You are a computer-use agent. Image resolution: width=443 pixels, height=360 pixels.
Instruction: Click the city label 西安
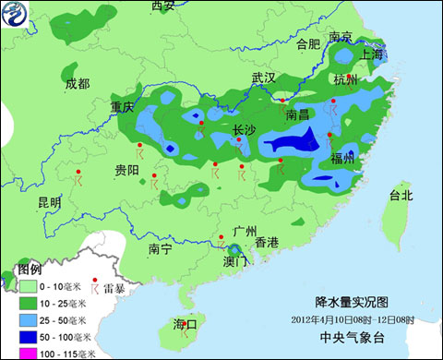pos(162,6)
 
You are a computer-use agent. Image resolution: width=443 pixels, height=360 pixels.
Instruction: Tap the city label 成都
pos(78,84)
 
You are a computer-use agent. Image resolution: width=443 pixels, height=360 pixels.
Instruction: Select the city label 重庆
pos(123,107)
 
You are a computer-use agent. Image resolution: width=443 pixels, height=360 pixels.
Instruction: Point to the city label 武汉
pos(264,78)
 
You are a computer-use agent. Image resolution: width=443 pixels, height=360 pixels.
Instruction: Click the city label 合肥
pos(308,43)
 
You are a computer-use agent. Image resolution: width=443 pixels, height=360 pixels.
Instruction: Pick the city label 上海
pos(370,54)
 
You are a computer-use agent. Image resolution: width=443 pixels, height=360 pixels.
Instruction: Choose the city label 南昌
pos(298,115)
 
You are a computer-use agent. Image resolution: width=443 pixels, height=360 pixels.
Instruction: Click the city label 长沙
pos(244,131)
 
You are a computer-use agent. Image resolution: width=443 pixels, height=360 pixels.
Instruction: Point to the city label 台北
pos(401,196)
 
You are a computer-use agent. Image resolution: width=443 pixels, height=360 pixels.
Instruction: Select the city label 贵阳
pos(126,171)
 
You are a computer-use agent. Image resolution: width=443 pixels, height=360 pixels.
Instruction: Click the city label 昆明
pos(49,202)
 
